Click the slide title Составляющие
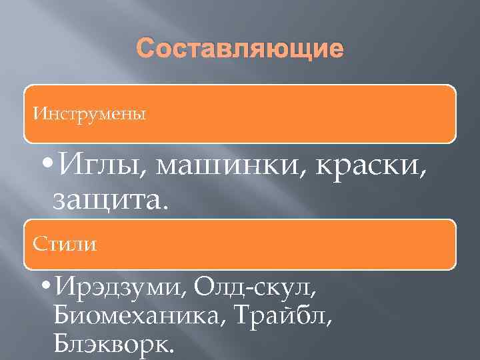tap(240, 50)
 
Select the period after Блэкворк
tap(175, 350)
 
